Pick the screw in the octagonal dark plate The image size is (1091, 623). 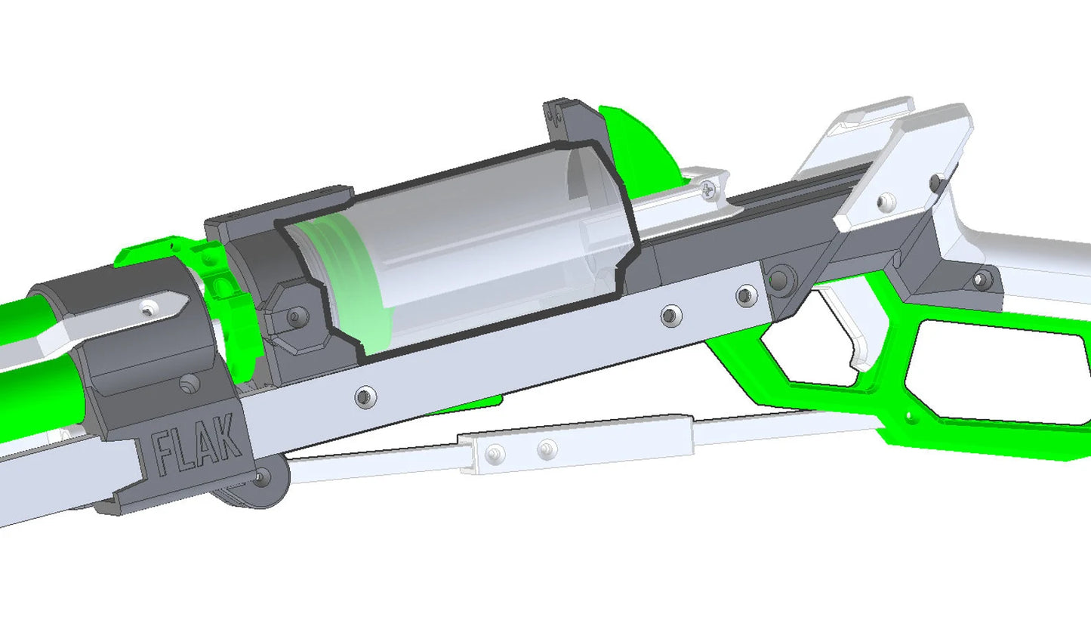pyautogui.click(x=296, y=318)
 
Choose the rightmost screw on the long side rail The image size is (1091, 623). pyautogui.click(x=745, y=294)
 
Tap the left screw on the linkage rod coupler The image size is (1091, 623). pyautogui.click(x=495, y=454)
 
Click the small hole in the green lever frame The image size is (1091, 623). pyautogui.click(x=909, y=414)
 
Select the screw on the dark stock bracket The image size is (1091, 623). pyautogui.click(x=982, y=279)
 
